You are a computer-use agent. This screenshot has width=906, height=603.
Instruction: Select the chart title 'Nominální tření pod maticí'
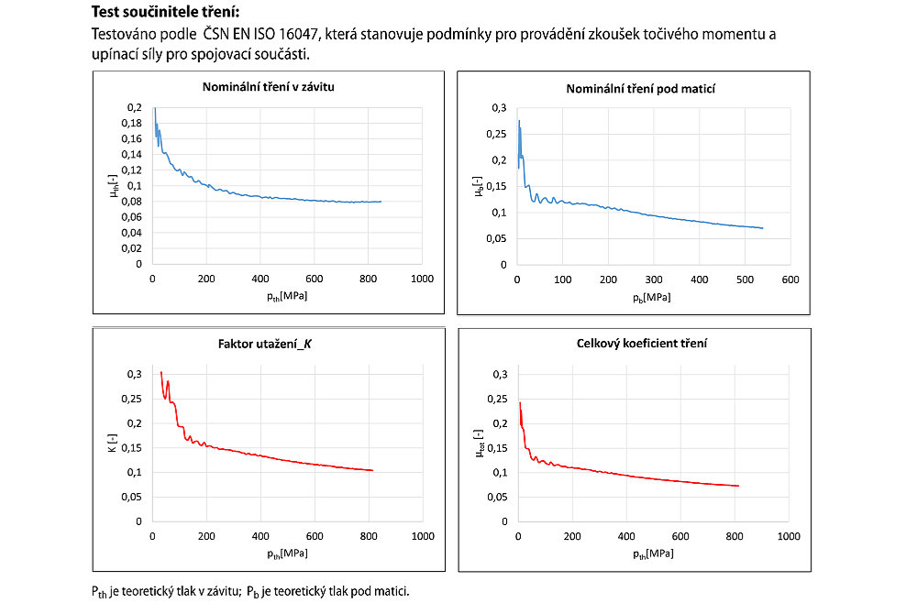point(641,89)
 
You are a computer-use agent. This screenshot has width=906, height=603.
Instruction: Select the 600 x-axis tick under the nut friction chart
point(790,279)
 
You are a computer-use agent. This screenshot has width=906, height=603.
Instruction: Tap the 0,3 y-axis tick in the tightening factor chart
point(134,374)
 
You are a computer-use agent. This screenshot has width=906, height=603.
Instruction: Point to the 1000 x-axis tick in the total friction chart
point(789,536)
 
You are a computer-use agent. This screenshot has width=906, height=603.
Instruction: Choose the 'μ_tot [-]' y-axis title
point(479,447)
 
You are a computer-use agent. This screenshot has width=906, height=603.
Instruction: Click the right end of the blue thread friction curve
point(381,202)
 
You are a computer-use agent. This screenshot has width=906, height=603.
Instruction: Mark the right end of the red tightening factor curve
point(373,470)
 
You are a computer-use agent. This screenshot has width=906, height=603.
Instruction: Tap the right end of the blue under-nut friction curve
point(763,228)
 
